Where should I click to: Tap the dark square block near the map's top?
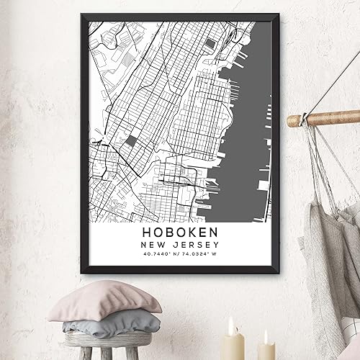pos(209,45)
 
